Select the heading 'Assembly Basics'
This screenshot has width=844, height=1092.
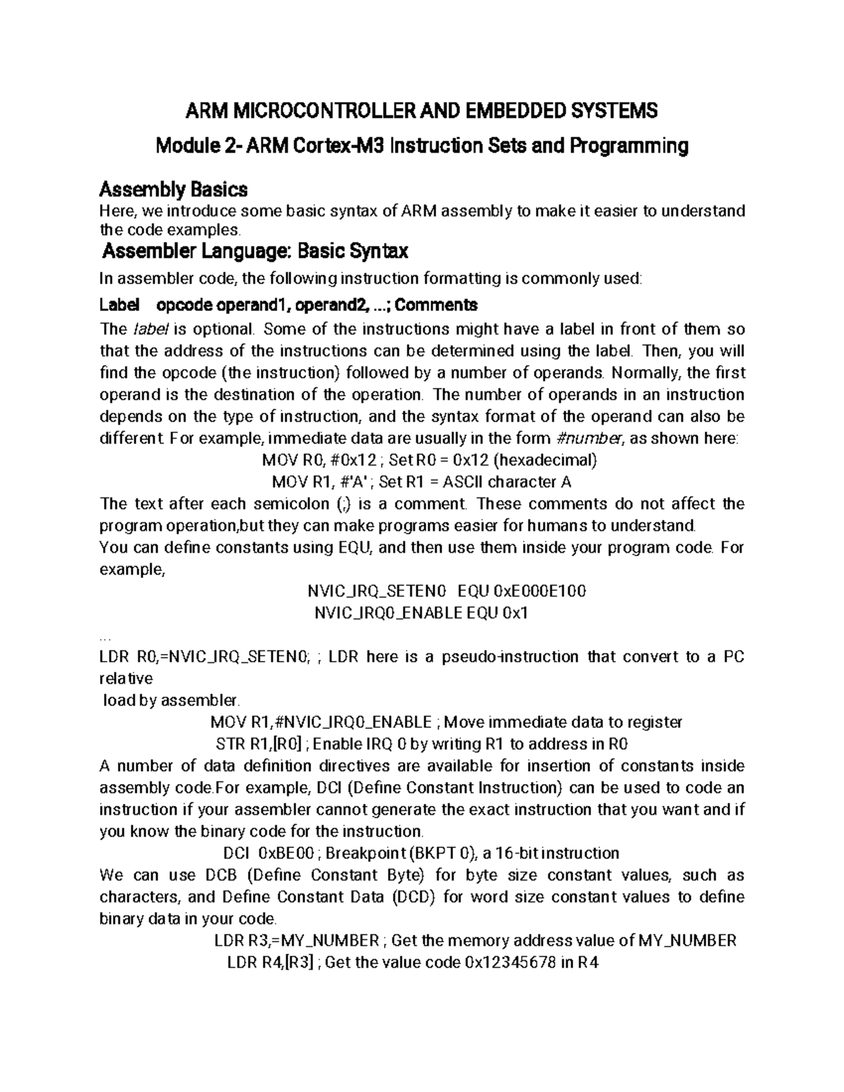click(173, 190)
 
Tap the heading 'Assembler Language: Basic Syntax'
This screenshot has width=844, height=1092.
click(255, 251)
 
